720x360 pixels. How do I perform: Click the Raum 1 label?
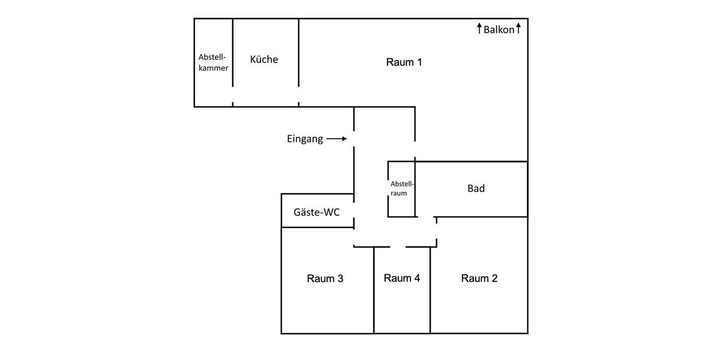404,62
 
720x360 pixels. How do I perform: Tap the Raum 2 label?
479,278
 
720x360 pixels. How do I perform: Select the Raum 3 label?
325,278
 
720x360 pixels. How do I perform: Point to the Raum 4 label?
401,278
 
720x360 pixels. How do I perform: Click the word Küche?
264,59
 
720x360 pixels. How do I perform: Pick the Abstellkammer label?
213,62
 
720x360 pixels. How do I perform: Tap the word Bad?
476,188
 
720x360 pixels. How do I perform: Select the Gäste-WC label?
316,212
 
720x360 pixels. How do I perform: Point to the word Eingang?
305,139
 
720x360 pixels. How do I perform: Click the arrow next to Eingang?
337,139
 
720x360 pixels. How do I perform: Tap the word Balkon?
499,29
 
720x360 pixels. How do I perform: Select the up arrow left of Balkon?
479,28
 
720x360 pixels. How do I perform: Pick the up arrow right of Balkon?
518,28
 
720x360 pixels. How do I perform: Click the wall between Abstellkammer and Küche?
233,54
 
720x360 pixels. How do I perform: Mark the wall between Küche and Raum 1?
299,54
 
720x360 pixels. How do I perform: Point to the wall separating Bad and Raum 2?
480,217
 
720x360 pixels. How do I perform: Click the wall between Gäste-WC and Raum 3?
317,227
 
